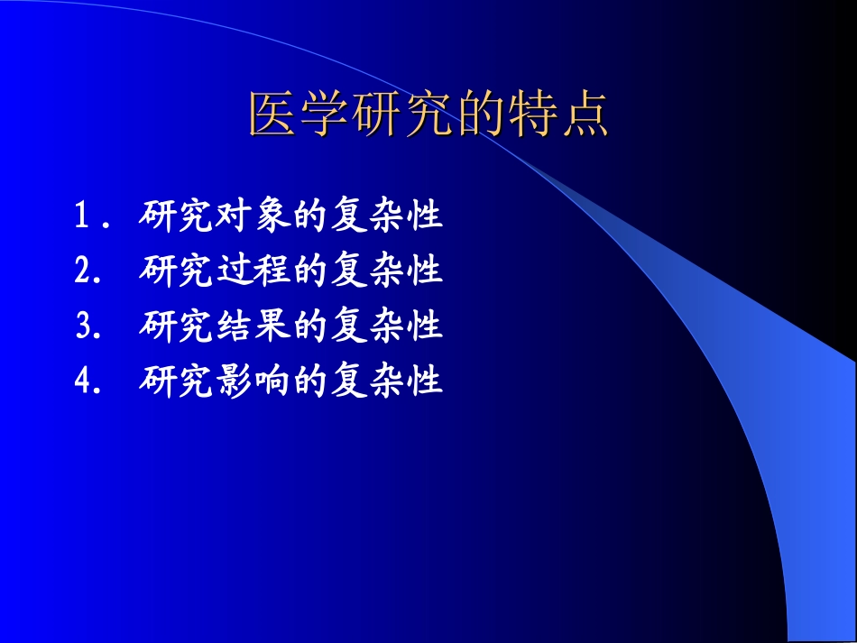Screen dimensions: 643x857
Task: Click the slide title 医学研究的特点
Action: point(428,115)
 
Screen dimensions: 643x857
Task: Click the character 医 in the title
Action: point(273,115)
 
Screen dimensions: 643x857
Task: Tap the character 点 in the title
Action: point(584,115)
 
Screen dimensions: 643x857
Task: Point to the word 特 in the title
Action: point(532,115)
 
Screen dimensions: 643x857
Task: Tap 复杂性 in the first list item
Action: point(387,216)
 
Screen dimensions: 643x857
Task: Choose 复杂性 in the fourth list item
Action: point(387,381)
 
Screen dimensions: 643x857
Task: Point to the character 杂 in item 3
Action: point(387,326)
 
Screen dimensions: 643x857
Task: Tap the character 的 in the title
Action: point(481,115)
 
